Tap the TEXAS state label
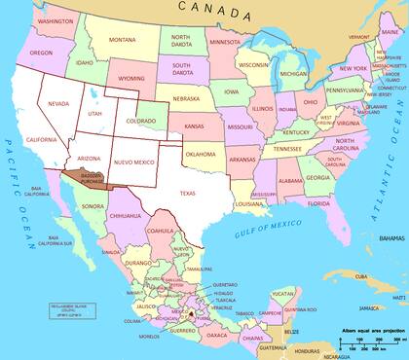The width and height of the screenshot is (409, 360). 187,193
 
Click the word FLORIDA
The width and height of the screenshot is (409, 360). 317,202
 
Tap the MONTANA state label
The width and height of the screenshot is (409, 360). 123,40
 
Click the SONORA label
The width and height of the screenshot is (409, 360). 93,206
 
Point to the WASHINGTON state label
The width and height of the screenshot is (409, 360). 56,20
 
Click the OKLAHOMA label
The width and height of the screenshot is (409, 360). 201,154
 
